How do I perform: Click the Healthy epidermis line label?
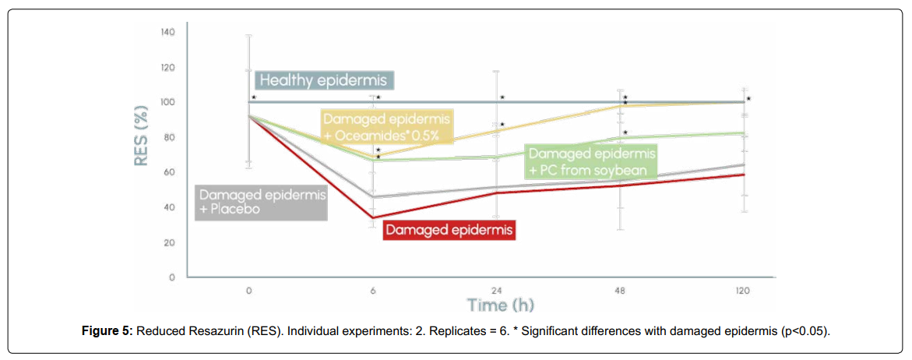tap(327, 80)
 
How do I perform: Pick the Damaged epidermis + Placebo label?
tap(261, 202)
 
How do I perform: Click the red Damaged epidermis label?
tap(450, 230)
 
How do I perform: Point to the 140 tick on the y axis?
tap(167, 32)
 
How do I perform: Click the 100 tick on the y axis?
tap(167, 102)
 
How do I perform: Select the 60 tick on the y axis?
tap(169, 173)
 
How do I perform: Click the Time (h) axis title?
tap(501, 305)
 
